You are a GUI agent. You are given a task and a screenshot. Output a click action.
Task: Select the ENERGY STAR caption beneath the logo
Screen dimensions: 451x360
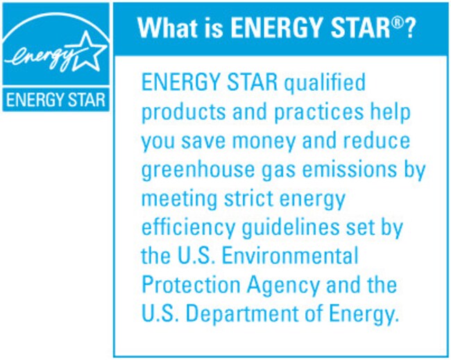pyautogui.click(x=56, y=100)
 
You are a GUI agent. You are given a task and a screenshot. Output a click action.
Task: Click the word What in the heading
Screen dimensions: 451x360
pyautogui.click(x=166, y=28)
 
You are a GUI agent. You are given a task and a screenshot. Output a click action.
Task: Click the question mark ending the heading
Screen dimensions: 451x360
pyautogui.click(x=409, y=28)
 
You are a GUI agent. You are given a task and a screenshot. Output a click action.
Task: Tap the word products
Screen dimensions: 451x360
pyautogui.click(x=183, y=112)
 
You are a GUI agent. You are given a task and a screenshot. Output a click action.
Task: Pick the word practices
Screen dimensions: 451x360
pyautogui.click(x=318, y=112)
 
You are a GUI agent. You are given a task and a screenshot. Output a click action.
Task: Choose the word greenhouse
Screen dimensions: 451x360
pyautogui.click(x=198, y=171)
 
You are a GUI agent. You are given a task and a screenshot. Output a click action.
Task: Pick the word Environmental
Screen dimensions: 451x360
pyautogui.click(x=290, y=255)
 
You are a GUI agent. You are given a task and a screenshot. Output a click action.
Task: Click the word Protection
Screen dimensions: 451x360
pyautogui.click(x=191, y=284)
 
